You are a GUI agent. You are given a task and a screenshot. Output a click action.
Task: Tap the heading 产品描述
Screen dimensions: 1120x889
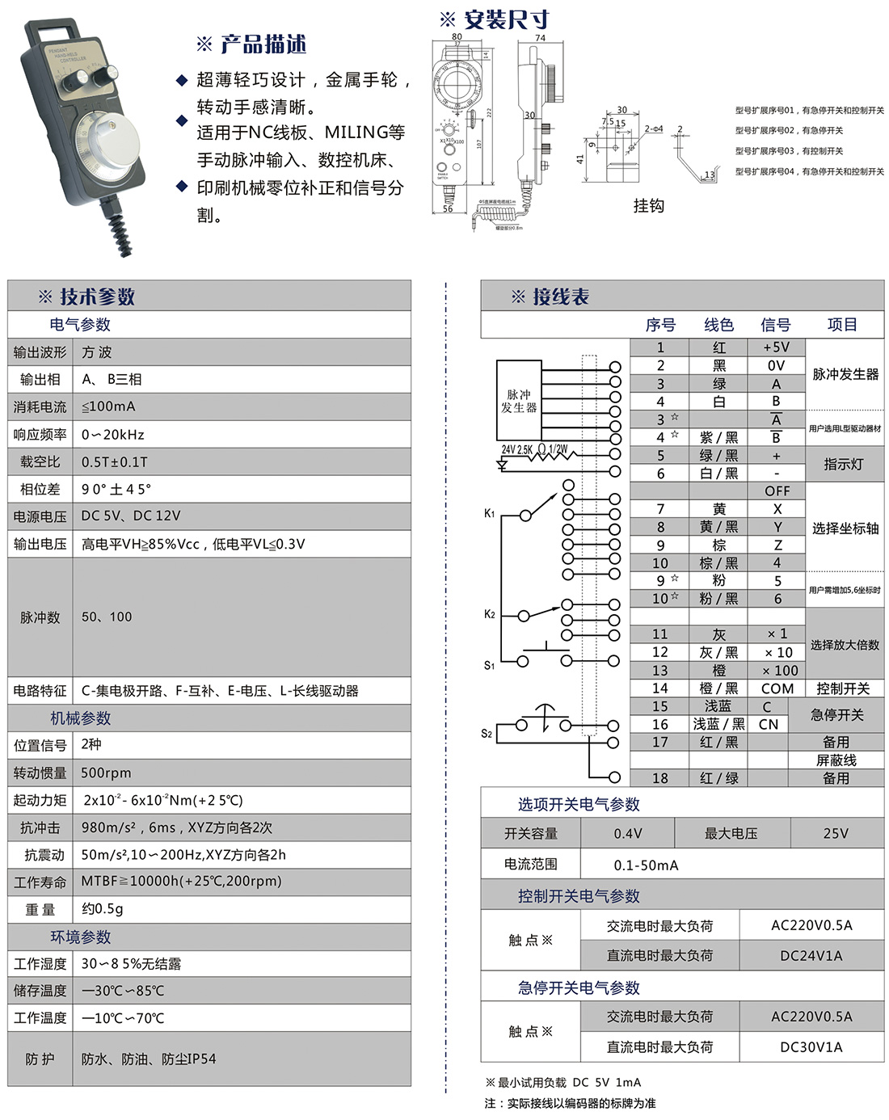251,44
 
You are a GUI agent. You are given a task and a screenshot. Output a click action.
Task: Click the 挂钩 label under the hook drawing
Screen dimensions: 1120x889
648,206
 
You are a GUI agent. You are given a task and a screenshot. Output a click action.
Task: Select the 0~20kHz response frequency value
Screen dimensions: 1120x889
113,435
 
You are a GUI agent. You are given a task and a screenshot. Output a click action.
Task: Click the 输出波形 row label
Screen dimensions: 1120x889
40,352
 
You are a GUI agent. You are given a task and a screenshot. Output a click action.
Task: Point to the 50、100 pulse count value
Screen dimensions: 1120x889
107,617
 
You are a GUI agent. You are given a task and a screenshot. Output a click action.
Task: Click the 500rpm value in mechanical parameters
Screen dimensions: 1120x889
106,773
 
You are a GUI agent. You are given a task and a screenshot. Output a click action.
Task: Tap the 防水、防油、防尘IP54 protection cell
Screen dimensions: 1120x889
149,1059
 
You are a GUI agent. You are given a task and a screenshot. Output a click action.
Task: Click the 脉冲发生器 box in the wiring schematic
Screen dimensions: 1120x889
519,401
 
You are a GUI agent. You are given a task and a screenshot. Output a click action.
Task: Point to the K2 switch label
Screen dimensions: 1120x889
489,614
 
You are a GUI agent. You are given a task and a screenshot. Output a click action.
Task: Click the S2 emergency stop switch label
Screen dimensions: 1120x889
487,734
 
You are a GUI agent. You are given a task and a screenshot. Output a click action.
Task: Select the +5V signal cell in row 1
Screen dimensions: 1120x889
776,347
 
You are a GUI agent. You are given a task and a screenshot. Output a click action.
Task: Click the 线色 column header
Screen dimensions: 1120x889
718,325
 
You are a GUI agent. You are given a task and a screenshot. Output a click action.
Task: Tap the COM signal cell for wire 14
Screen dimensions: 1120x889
777,688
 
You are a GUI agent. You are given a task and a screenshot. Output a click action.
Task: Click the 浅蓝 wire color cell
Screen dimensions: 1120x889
718,706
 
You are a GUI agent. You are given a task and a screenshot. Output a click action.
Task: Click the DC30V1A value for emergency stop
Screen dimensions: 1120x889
811,1047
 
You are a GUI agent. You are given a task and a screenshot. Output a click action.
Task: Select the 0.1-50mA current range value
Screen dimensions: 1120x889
646,865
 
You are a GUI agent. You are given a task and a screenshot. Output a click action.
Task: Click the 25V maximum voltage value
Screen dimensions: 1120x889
836,833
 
